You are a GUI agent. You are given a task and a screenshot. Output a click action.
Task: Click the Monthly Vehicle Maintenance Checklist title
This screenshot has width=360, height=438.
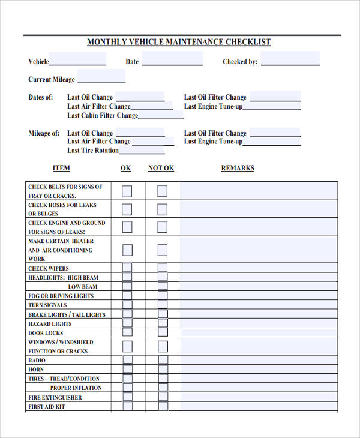point(179,42)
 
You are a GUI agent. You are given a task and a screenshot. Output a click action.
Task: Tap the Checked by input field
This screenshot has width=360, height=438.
point(290,60)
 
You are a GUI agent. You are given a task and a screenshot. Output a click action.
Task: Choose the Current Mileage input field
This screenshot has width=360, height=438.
point(101,78)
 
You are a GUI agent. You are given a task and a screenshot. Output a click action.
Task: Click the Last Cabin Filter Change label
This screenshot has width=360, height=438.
point(103,115)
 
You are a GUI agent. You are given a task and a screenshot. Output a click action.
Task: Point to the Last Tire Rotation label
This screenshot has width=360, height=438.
point(93,151)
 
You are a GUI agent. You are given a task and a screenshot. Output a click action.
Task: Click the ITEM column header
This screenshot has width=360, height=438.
point(61,168)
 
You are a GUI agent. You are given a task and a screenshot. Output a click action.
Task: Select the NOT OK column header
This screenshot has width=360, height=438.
point(161,168)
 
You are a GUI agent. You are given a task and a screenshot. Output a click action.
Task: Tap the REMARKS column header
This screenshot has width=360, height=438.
point(238,168)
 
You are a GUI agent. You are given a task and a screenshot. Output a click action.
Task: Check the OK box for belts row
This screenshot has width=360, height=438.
point(127,191)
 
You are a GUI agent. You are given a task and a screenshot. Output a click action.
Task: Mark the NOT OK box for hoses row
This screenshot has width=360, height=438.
point(162,209)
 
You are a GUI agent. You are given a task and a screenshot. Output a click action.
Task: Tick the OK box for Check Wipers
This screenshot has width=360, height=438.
point(127,268)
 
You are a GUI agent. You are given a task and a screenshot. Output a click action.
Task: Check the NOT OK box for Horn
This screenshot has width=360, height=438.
point(162,370)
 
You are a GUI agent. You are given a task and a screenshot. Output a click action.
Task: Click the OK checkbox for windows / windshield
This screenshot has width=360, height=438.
point(127,347)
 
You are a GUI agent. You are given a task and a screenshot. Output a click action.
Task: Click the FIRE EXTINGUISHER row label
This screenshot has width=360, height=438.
point(55,397)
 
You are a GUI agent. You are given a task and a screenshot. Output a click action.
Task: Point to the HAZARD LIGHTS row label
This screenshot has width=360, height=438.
point(49,323)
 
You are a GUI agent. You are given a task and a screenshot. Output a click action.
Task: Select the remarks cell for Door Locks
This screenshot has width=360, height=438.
point(258,332)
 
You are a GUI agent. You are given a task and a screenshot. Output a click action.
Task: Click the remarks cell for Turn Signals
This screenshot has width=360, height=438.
point(258,305)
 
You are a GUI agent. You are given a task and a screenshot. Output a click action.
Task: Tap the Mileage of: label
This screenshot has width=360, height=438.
point(44,133)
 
